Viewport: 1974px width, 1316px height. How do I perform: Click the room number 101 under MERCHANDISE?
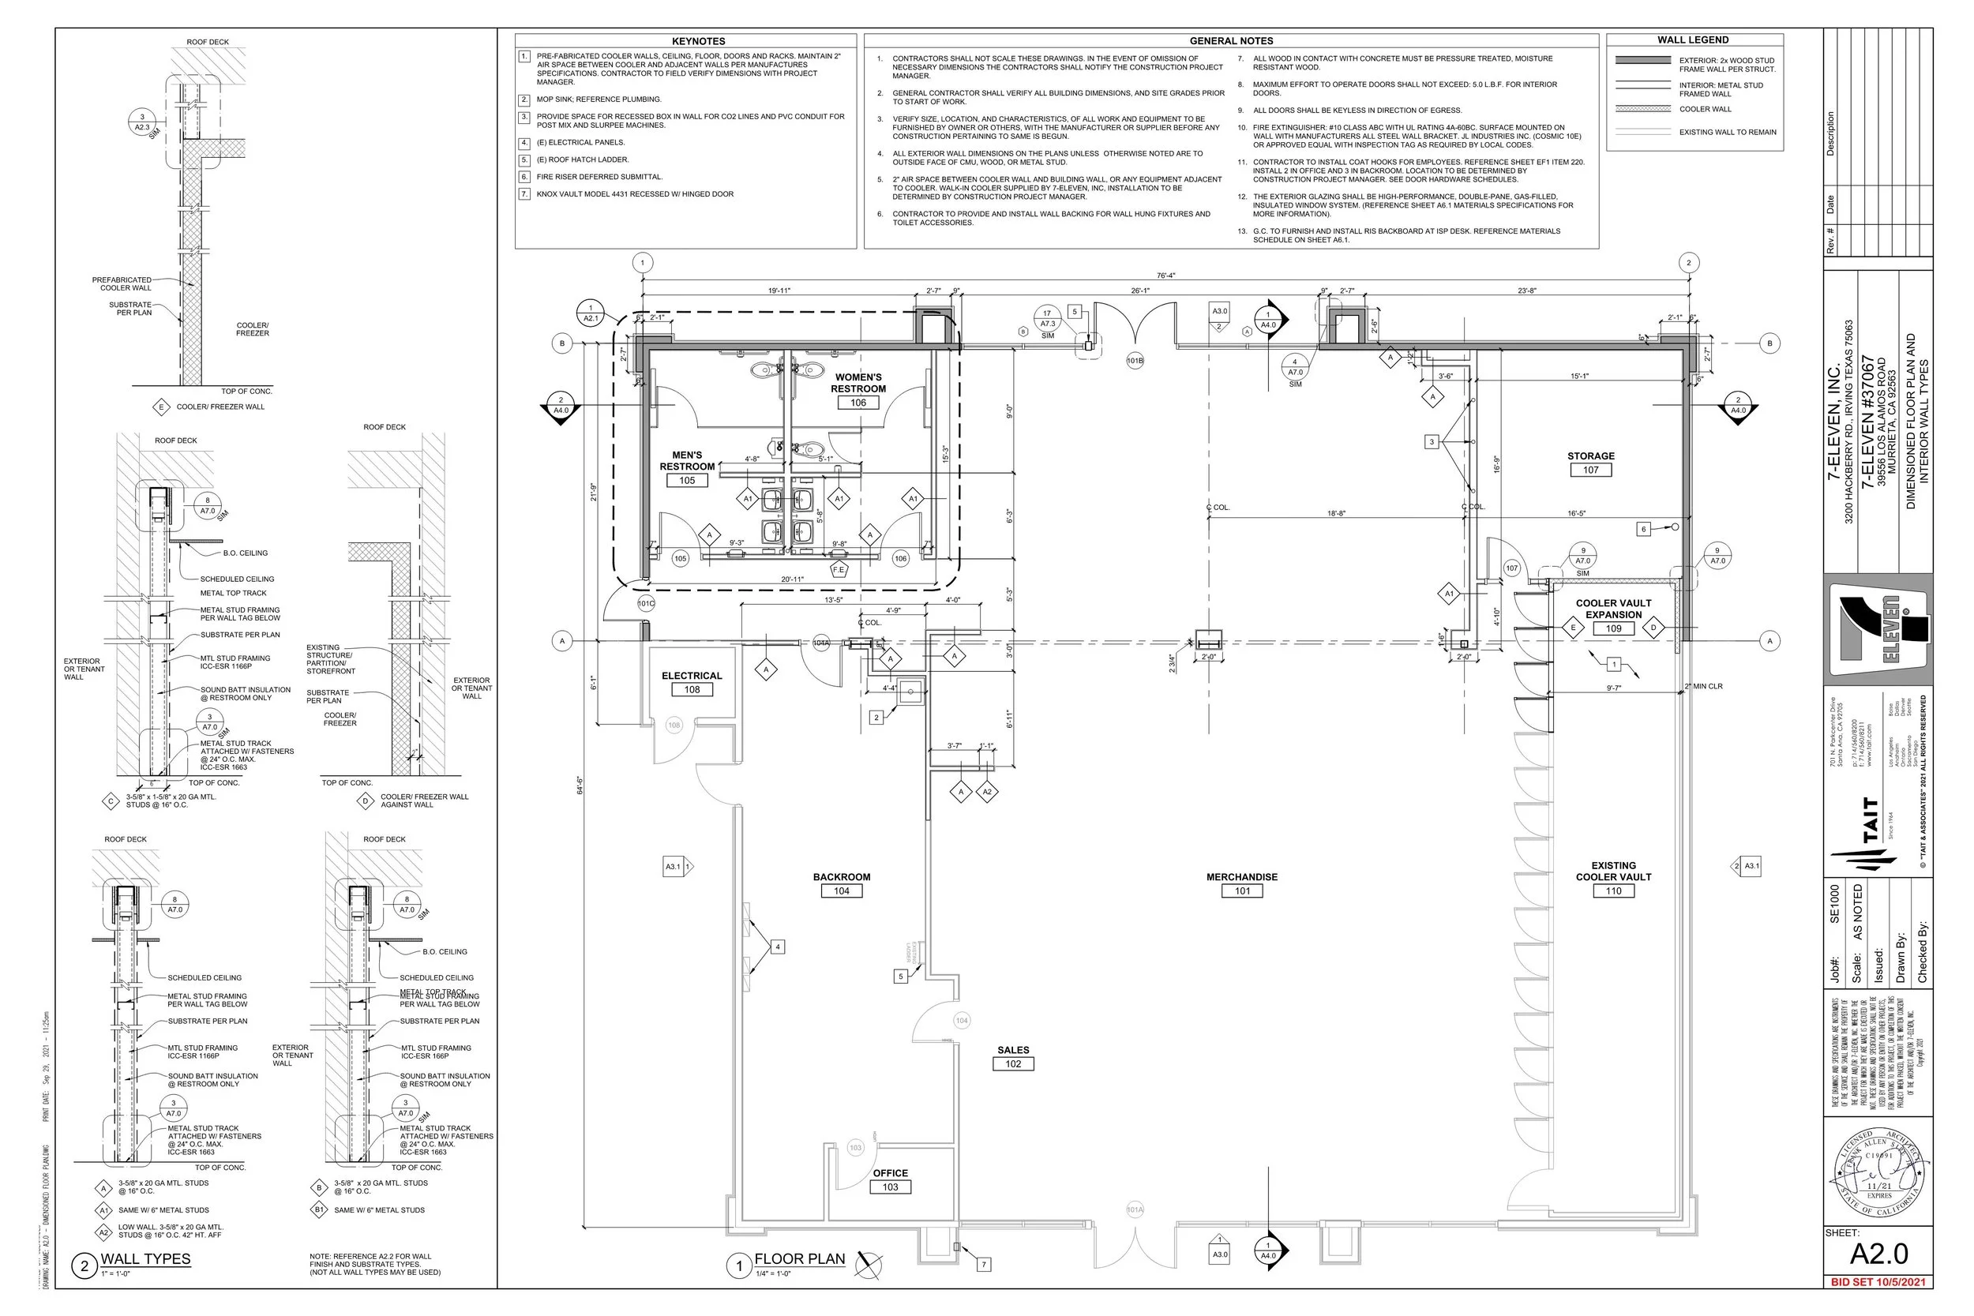pyautogui.click(x=1241, y=891)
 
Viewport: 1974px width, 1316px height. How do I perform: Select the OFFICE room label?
pyautogui.click(x=890, y=1173)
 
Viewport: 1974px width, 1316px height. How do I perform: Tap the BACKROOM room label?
pyautogui.click(x=841, y=877)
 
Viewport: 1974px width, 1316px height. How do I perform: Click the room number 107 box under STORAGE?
pyautogui.click(x=1590, y=470)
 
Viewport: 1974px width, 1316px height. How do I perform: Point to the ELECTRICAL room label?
pyautogui.click(x=692, y=676)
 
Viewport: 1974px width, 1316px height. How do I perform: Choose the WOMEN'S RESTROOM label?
pyautogui.click(x=858, y=384)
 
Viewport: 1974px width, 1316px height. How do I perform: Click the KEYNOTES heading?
pyautogui.click(x=698, y=41)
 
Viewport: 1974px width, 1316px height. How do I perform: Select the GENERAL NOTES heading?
pyautogui.click(x=1230, y=41)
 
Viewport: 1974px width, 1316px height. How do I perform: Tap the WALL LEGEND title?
pyautogui.click(x=1693, y=40)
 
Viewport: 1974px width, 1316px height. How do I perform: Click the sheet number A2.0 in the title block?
pyautogui.click(x=1879, y=1254)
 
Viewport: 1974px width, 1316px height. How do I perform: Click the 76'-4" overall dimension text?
pyautogui.click(x=1165, y=276)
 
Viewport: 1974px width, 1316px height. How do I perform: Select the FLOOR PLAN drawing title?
pyautogui.click(x=799, y=1259)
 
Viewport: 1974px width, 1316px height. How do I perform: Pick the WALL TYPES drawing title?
pyautogui.click(x=145, y=1259)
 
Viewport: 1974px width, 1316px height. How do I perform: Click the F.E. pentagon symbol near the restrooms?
pyautogui.click(x=838, y=570)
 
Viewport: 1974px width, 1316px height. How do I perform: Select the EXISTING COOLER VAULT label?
pyautogui.click(x=1613, y=872)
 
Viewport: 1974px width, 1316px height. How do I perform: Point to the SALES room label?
pyautogui.click(x=1013, y=1050)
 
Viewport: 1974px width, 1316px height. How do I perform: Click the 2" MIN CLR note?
pyautogui.click(x=1703, y=687)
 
